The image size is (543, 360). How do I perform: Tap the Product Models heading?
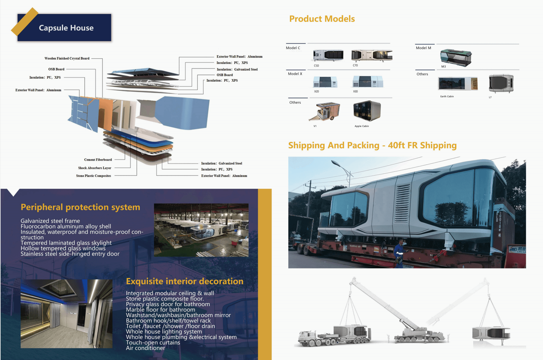pyautogui.click(x=322, y=19)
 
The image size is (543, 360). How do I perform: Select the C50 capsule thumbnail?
pyautogui.click(x=328, y=55)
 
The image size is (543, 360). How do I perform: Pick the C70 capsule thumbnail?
pyautogui.click(x=372, y=55)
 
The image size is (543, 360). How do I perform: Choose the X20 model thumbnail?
pyautogui.click(x=325, y=82)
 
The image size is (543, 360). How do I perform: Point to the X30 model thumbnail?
pyautogui.click(x=368, y=81)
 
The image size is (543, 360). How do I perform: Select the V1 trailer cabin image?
pyautogui.click(x=325, y=111)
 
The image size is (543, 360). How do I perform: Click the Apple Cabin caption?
pyautogui.click(x=362, y=126)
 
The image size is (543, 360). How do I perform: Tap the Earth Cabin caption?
pyautogui.click(x=447, y=97)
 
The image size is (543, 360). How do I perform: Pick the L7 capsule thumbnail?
pyautogui.click(x=501, y=83)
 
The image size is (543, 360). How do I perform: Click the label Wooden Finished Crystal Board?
pyautogui.click(x=67, y=58)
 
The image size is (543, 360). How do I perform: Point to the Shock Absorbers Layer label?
pyautogui.click(x=94, y=168)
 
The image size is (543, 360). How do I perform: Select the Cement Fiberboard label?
pyautogui.click(x=98, y=160)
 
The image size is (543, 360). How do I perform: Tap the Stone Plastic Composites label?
pyautogui.click(x=94, y=176)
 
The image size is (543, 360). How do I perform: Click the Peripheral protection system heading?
pyautogui.click(x=80, y=207)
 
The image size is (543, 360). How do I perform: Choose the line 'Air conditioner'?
pyautogui.click(x=145, y=348)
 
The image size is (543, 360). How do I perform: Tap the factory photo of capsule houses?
pyautogui.click(x=201, y=230)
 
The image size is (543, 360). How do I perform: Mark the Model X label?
pyautogui.click(x=295, y=74)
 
